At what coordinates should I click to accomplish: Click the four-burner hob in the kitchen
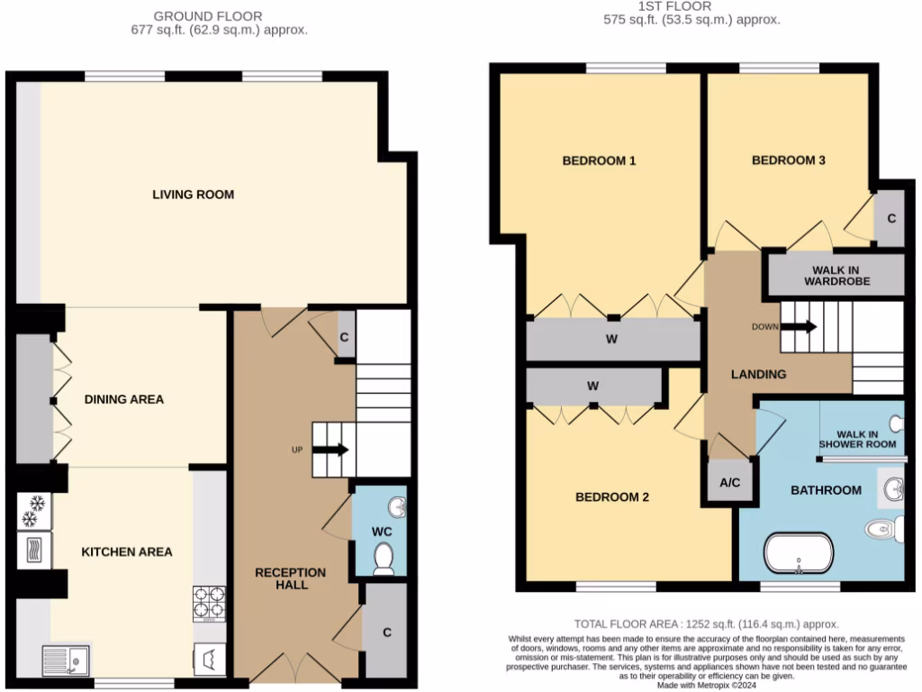209,599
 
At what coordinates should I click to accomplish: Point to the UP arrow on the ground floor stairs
330,449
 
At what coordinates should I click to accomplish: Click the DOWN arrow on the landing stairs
800,326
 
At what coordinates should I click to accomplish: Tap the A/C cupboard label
729,483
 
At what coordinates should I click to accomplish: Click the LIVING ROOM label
193,194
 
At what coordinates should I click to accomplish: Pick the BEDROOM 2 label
612,496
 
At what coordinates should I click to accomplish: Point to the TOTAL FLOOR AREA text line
706,624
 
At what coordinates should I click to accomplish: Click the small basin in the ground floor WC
396,505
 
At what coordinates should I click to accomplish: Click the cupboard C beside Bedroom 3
890,218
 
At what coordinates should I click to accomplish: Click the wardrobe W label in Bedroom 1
612,339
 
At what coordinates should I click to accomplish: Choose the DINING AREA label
124,398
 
